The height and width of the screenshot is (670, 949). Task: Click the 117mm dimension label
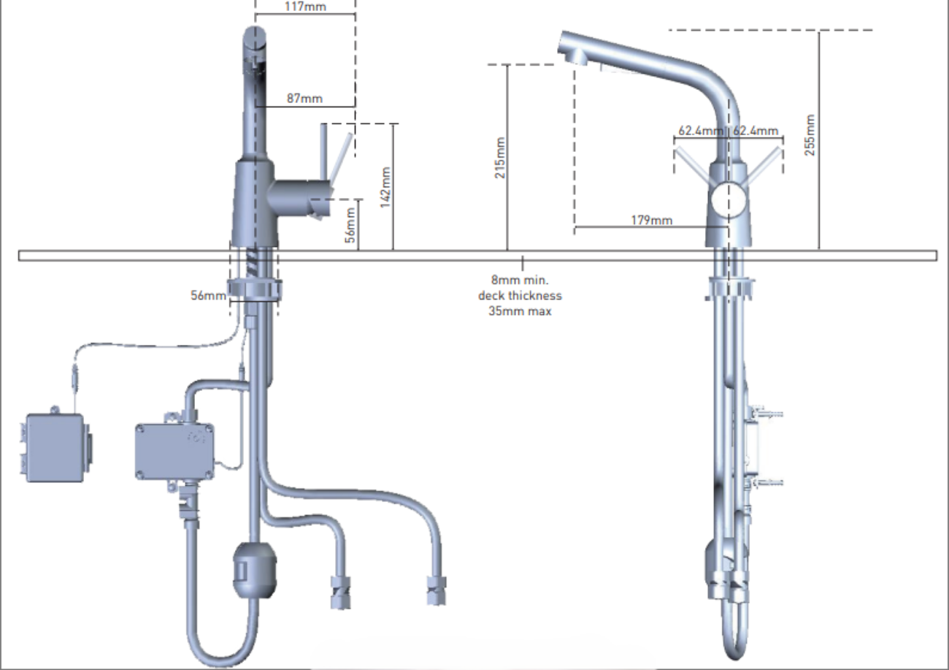point(304,7)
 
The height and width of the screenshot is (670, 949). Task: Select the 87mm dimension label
point(304,99)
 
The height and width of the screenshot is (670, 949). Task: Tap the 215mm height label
point(500,158)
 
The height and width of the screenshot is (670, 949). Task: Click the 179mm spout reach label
point(650,220)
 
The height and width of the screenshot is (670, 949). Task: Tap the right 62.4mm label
point(755,131)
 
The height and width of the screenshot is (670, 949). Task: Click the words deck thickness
point(520,296)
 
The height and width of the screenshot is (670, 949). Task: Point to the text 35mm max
point(520,311)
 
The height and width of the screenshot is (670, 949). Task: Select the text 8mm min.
point(520,280)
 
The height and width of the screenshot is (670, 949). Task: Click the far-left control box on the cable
point(55,447)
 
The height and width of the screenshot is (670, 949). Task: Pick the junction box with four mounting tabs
point(174,450)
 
